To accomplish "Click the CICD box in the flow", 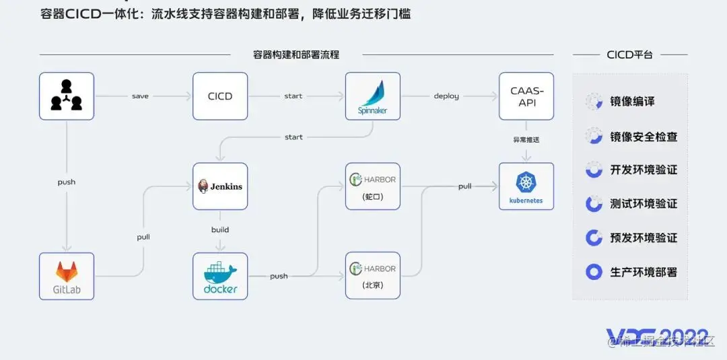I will tap(220, 96).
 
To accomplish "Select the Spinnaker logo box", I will tap(373, 96).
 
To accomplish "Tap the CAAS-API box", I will tap(526, 96).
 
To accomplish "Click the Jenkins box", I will tap(220, 186).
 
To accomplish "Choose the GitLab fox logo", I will tap(66, 271).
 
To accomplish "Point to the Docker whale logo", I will tap(220, 273).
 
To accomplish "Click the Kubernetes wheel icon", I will tap(526, 182).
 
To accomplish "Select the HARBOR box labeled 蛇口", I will tap(373, 186).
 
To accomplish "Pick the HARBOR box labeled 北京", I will tap(373, 276).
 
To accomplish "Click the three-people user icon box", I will tap(67, 96).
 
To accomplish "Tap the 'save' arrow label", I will tap(140, 96).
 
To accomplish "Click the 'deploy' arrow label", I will tap(446, 96).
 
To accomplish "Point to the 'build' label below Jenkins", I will tap(220, 229).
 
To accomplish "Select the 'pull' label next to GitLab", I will tap(143, 237).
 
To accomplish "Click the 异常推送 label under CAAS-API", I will tap(526, 140).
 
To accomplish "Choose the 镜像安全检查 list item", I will tap(644, 137).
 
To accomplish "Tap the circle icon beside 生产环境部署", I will tap(594, 272).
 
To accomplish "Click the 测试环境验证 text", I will tap(644, 203).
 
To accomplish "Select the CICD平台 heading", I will tap(629, 55).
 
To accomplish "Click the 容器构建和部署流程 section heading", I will tap(296, 55).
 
